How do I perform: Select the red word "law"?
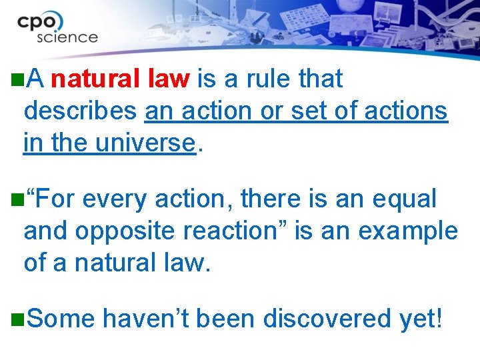[169, 79]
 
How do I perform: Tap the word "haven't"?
[148, 319]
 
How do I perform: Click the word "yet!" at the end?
[421, 319]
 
